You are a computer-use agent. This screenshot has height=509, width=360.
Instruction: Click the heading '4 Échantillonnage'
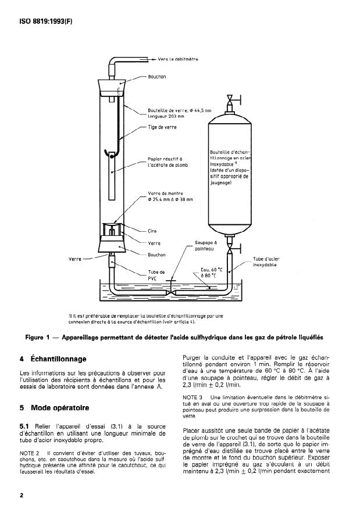click(x=54, y=359)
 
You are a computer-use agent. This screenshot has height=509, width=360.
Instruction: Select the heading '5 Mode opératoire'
click(x=54, y=408)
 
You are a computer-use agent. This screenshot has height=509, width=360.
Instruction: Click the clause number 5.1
click(x=26, y=427)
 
